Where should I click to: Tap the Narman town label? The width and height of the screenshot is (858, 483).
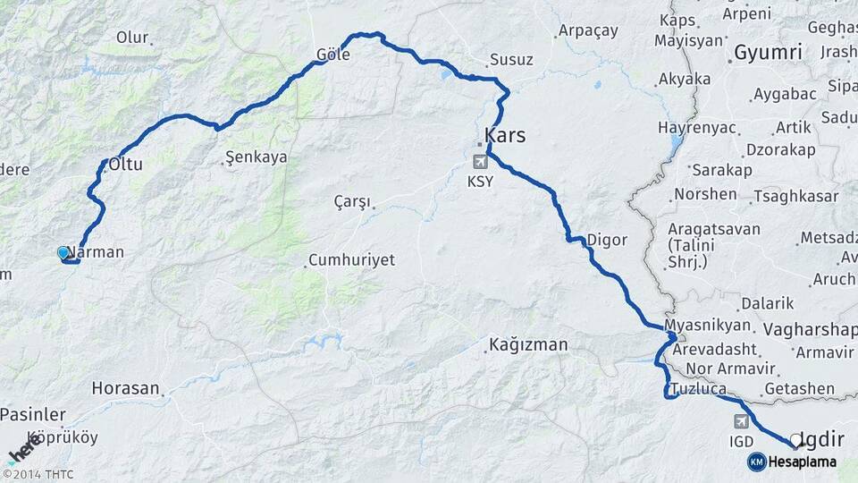pos(96,252)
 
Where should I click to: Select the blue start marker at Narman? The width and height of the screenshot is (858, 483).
pos(63,253)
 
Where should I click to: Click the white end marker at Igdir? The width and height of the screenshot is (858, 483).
pos(795,439)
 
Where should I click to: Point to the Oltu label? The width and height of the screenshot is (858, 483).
pos(126,165)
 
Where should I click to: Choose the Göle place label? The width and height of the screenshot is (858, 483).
pos(332,55)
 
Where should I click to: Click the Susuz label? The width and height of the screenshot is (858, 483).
pos(511,61)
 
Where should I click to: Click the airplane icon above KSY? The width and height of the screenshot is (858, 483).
pos(481,162)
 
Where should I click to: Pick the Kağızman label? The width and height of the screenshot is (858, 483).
pos(528,344)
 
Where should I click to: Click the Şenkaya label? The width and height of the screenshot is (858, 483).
pos(257,157)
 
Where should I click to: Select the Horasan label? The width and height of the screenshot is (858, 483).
pos(125,389)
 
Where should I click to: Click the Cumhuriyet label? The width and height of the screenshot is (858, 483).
pos(351,260)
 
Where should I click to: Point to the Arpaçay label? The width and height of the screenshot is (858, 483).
pos(587,30)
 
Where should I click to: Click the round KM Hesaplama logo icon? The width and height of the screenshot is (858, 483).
pos(756,462)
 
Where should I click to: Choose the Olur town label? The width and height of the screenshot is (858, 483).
pos(131,38)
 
